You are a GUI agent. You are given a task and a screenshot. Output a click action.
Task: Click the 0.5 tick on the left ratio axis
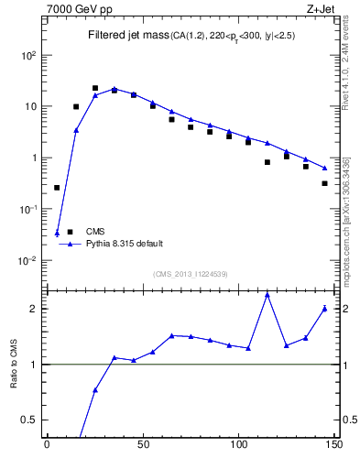point(30,420)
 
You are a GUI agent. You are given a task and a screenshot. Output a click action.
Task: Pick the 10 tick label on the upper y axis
point(28,106)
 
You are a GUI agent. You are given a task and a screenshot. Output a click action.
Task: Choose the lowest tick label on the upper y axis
point(27,260)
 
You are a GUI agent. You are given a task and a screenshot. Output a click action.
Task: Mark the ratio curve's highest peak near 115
point(267,294)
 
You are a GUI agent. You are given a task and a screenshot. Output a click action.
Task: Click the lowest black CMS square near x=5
point(57,188)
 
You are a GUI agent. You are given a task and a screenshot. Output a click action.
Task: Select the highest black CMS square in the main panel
point(95,88)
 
